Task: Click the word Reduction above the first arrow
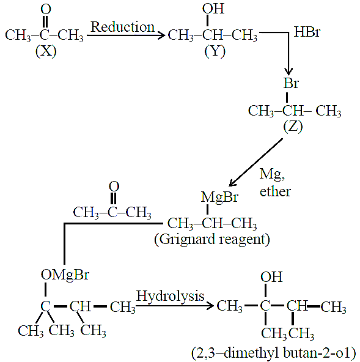(122, 27)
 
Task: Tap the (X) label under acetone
(46, 51)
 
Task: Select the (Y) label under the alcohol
(215, 51)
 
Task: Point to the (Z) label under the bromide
(293, 127)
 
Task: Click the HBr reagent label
(307, 32)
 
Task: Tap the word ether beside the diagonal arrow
(275, 191)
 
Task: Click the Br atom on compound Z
(291, 83)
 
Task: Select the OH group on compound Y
(213, 9)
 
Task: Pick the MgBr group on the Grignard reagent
(219, 198)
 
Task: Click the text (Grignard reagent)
(212, 240)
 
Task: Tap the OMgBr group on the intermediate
(65, 275)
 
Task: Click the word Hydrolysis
(170, 297)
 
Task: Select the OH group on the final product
(271, 277)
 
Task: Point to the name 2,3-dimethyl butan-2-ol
(274, 353)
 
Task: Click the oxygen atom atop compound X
(46, 9)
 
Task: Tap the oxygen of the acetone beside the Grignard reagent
(114, 187)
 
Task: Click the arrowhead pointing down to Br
(288, 71)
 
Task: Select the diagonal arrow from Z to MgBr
(255, 162)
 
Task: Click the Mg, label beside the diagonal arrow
(272, 174)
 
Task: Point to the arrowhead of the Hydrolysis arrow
(210, 306)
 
